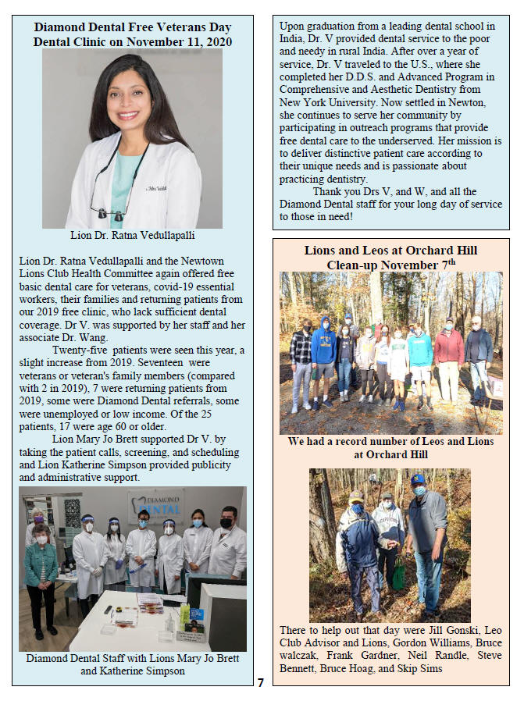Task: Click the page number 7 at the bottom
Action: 262,683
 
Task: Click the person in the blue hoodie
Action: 323,359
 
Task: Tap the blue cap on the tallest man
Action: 418,479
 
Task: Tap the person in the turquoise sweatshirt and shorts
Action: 420,366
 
